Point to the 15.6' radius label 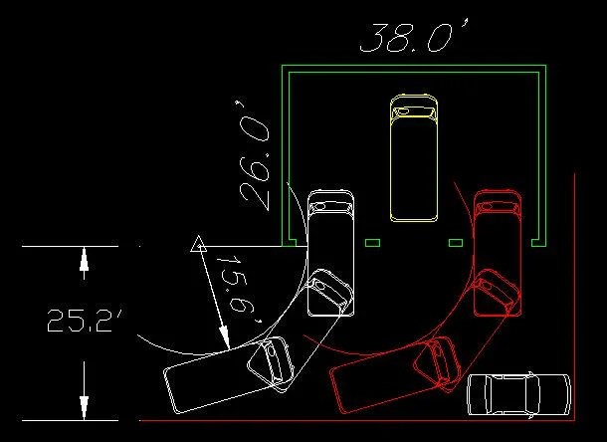[x=238, y=289]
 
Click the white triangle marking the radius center [x=198, y=243]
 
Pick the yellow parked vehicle [x=414, y=157]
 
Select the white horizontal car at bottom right [x=518, y=395]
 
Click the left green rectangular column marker [x=372, y=243]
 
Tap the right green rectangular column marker [x=456, y=243]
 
